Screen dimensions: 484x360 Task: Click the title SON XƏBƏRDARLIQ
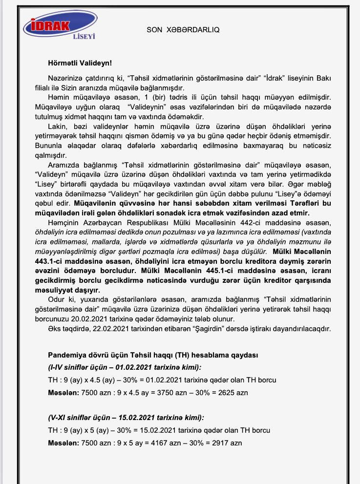[183, 29]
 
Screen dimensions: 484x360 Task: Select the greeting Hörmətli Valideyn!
[80, 63]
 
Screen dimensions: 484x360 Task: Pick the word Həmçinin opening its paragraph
[65, 223]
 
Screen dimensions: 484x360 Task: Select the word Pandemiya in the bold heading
[67, 355]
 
